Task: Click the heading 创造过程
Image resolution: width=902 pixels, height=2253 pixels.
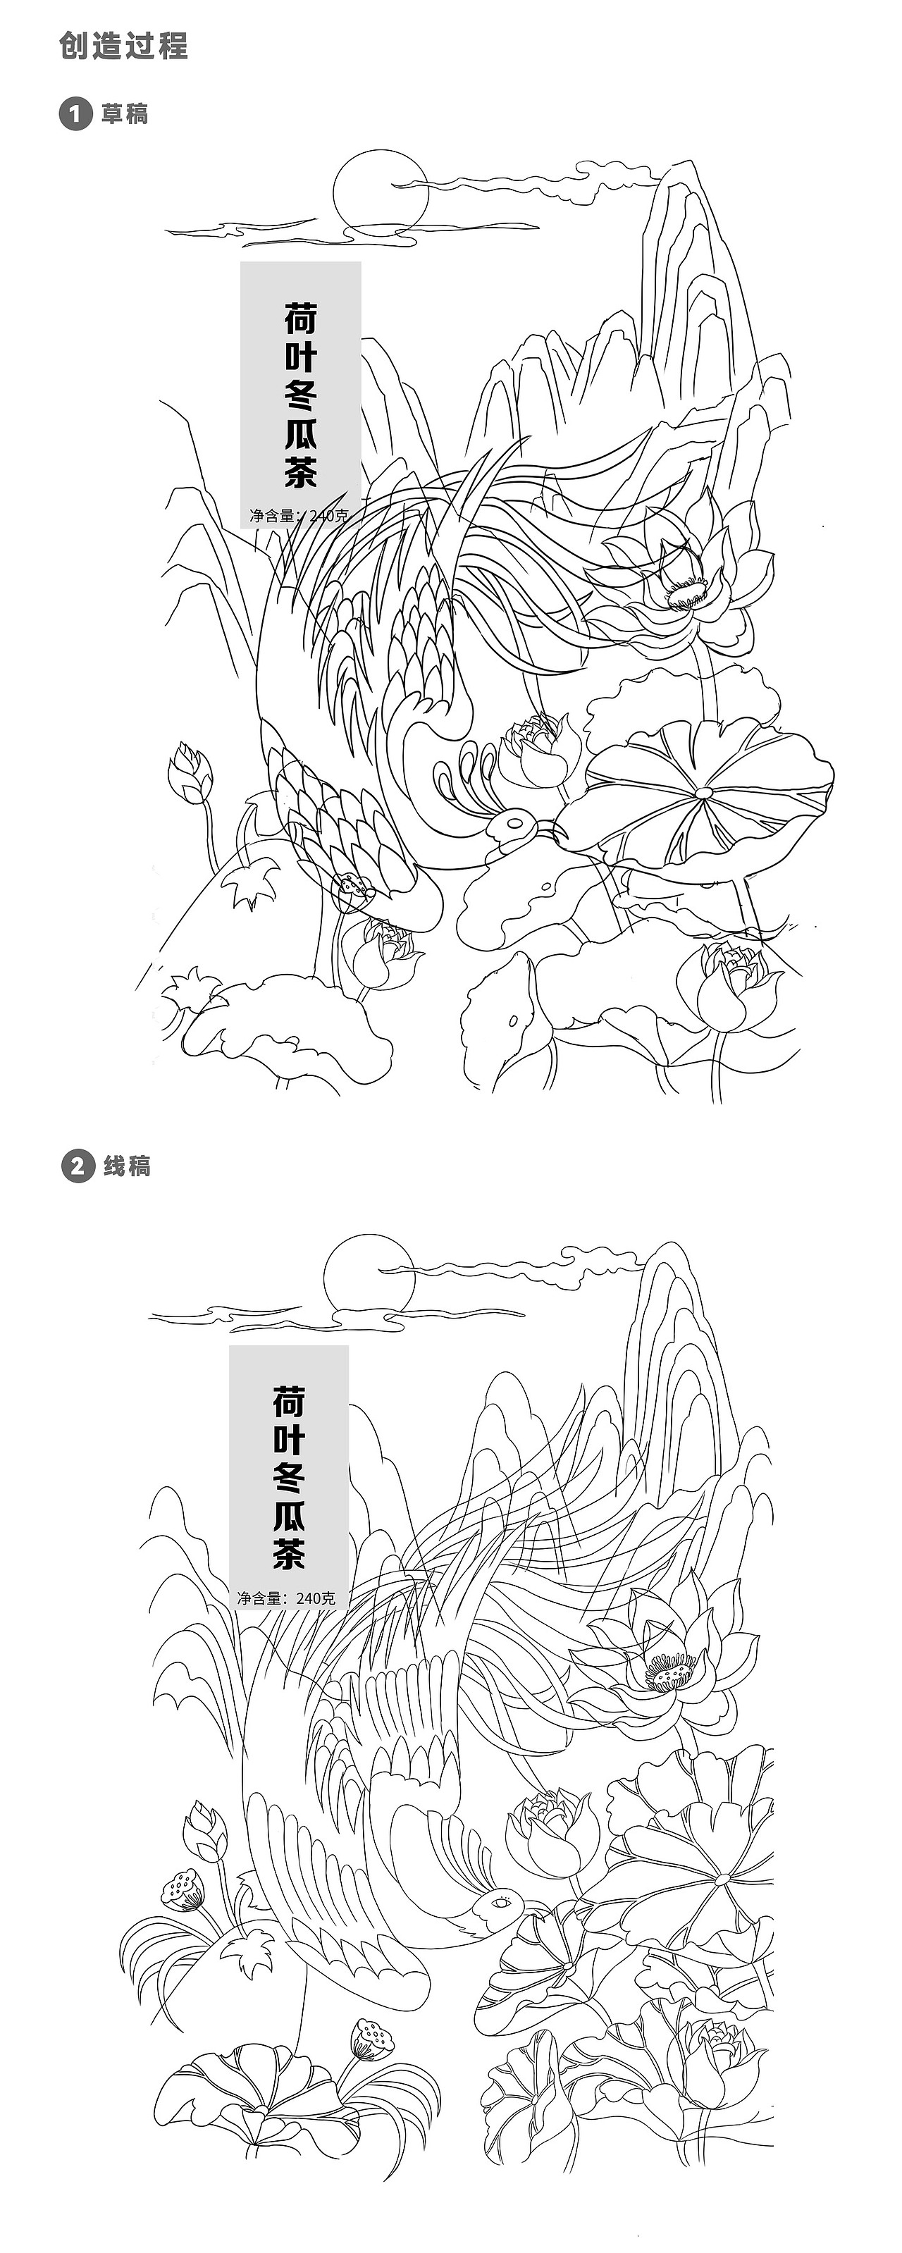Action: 123,46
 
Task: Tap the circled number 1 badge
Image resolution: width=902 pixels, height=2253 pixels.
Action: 75,113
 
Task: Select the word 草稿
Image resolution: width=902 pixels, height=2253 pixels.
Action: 124,113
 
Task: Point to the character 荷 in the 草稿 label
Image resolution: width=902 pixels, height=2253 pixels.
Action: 300,319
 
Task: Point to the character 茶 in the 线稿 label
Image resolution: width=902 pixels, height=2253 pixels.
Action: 289,1554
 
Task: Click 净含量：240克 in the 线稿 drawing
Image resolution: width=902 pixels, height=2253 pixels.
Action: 287,1598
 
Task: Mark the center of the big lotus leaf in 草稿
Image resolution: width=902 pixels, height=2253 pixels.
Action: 703,791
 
